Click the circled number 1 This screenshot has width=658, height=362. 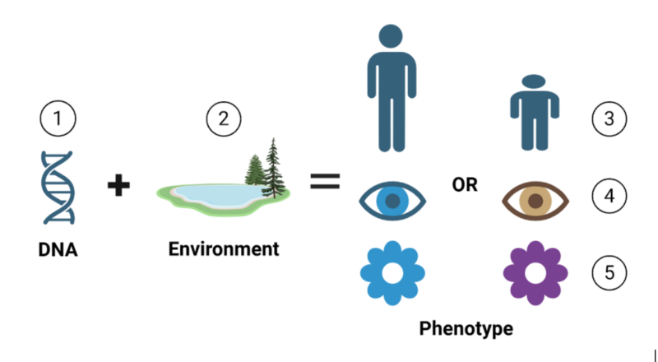(x=58, y=119)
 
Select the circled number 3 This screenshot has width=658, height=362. (x=609, y=118)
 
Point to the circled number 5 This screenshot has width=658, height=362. (x=609, y=271)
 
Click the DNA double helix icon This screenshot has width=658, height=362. (x=58, y=187)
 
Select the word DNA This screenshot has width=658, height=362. (x=58, y=248)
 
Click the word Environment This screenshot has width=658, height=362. (x=224, y=248)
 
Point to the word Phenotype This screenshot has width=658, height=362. (x=466, y=329)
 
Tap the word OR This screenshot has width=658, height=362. (x=465, y=185)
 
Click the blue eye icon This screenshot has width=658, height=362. (x=393, y=201)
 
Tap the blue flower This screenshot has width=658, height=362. (x=393, y=273)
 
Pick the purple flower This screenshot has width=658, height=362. (x=535, y=272)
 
